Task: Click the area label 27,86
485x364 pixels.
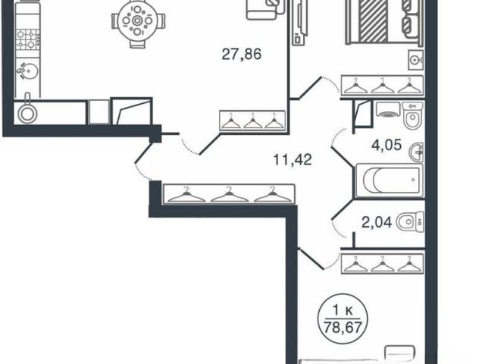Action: pos(242,55)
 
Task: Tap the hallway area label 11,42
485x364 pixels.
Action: pos(293,160)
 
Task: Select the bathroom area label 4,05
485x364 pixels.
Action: pos(386,145)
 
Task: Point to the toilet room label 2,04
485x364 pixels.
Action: pos(377,222)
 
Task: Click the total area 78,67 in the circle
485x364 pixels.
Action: pos(342,327)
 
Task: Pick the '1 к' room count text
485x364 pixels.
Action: pos(343,310)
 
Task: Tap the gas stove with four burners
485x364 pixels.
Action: pos(28,39)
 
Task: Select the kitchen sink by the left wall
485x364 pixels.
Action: pos(28,71)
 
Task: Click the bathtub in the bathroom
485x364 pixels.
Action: pos(390,180)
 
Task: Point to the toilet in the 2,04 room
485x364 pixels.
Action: pos(410,221)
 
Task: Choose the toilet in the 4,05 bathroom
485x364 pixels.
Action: pos(412,115)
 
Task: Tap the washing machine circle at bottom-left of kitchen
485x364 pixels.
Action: pos(27,114)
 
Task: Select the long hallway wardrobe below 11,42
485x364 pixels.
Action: pos(229,194)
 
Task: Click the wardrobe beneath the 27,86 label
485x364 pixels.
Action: pos(252,121)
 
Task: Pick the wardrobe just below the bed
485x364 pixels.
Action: pos(383,85)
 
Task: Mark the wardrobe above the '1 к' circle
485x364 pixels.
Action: pos(383,264)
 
